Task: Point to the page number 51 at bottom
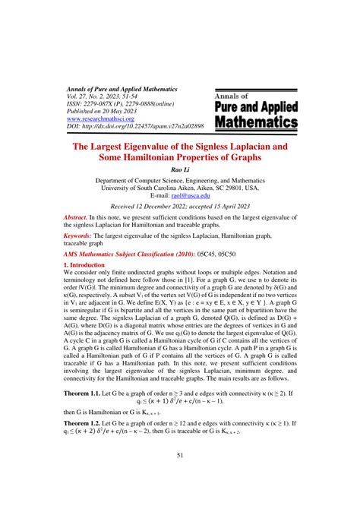(180, 476)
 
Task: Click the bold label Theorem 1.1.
(84, 395)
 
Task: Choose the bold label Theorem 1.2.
(84, 432)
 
